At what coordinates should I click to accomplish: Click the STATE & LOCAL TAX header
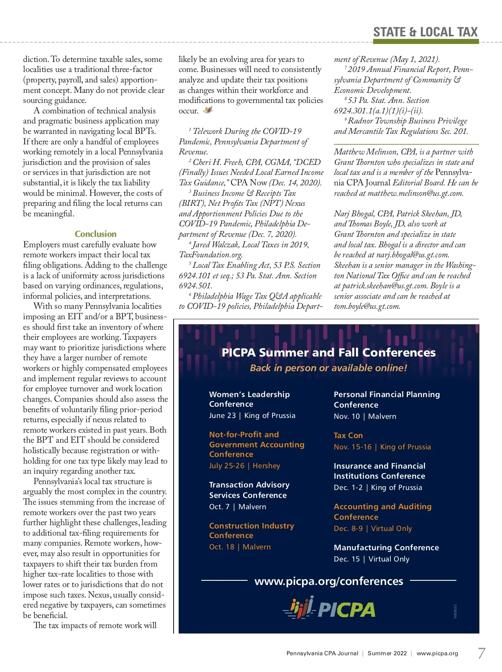click(425, 32)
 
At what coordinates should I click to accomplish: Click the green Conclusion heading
click(95, 234)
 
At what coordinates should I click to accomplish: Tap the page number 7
click(482, 653)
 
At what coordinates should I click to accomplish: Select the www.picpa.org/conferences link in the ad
click(329, 581)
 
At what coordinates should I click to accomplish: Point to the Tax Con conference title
click(348, 436)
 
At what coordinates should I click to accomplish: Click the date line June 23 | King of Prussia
click(252, 416)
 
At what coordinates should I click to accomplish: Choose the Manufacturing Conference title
click(386, 547)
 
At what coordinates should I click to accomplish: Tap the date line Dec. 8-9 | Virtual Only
click(373, 528)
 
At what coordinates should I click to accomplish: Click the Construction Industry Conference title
click(251, 531)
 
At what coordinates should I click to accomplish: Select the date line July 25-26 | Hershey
click(245, 466)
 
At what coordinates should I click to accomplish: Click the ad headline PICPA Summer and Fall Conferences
click(328, 352)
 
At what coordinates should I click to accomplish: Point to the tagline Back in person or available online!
click(328, 368)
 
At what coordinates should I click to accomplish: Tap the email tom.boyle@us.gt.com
click(367, 306)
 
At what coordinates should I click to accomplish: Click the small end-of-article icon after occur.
click(208, 110)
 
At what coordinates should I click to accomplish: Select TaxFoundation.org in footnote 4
click(210, 255)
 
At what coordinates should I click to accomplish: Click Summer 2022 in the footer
click(387, 653)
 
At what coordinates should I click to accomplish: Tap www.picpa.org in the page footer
click(437, 653)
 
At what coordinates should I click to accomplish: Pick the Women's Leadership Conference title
click(249, 399)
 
